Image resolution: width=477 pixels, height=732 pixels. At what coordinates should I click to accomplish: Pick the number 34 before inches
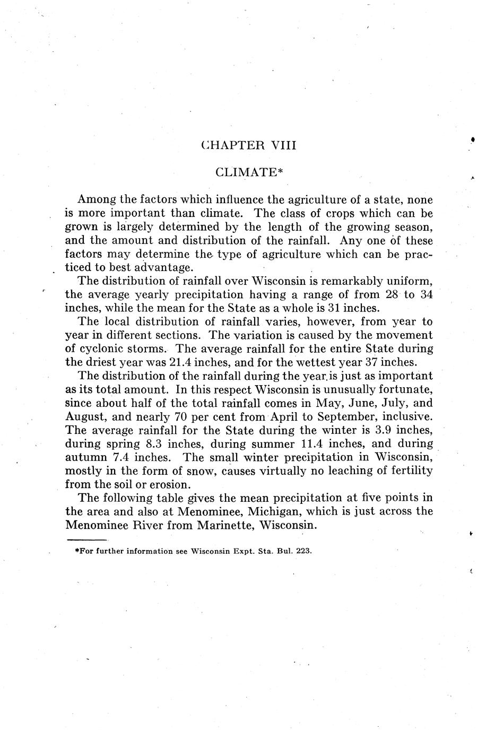coord(426,295)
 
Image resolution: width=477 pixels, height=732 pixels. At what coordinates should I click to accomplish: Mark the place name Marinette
coord(223,525)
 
